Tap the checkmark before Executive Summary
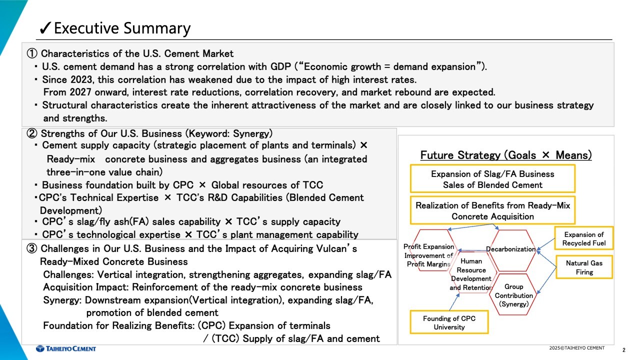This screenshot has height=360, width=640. [45, 28]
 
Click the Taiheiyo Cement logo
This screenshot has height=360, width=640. [66, 348]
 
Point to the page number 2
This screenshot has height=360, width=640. [623, 350]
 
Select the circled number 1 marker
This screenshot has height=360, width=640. [31, 53]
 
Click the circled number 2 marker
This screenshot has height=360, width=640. [31, 133]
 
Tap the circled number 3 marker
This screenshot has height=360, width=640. [31, 248]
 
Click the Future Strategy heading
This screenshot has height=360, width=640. [505, 155]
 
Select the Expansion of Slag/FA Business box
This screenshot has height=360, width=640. [492, 179]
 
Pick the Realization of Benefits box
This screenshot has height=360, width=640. [492, 210]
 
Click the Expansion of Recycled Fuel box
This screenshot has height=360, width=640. [583, 238]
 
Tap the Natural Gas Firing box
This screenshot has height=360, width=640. [584, 267]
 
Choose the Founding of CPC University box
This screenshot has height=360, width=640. [449, 322]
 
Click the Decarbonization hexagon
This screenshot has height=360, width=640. [511, 249]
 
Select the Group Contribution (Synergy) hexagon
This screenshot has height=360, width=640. [513, 295]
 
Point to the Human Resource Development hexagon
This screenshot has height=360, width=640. [471, 273]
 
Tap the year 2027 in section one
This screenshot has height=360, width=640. [80, 92]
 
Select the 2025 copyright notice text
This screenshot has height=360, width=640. [577, 348]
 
